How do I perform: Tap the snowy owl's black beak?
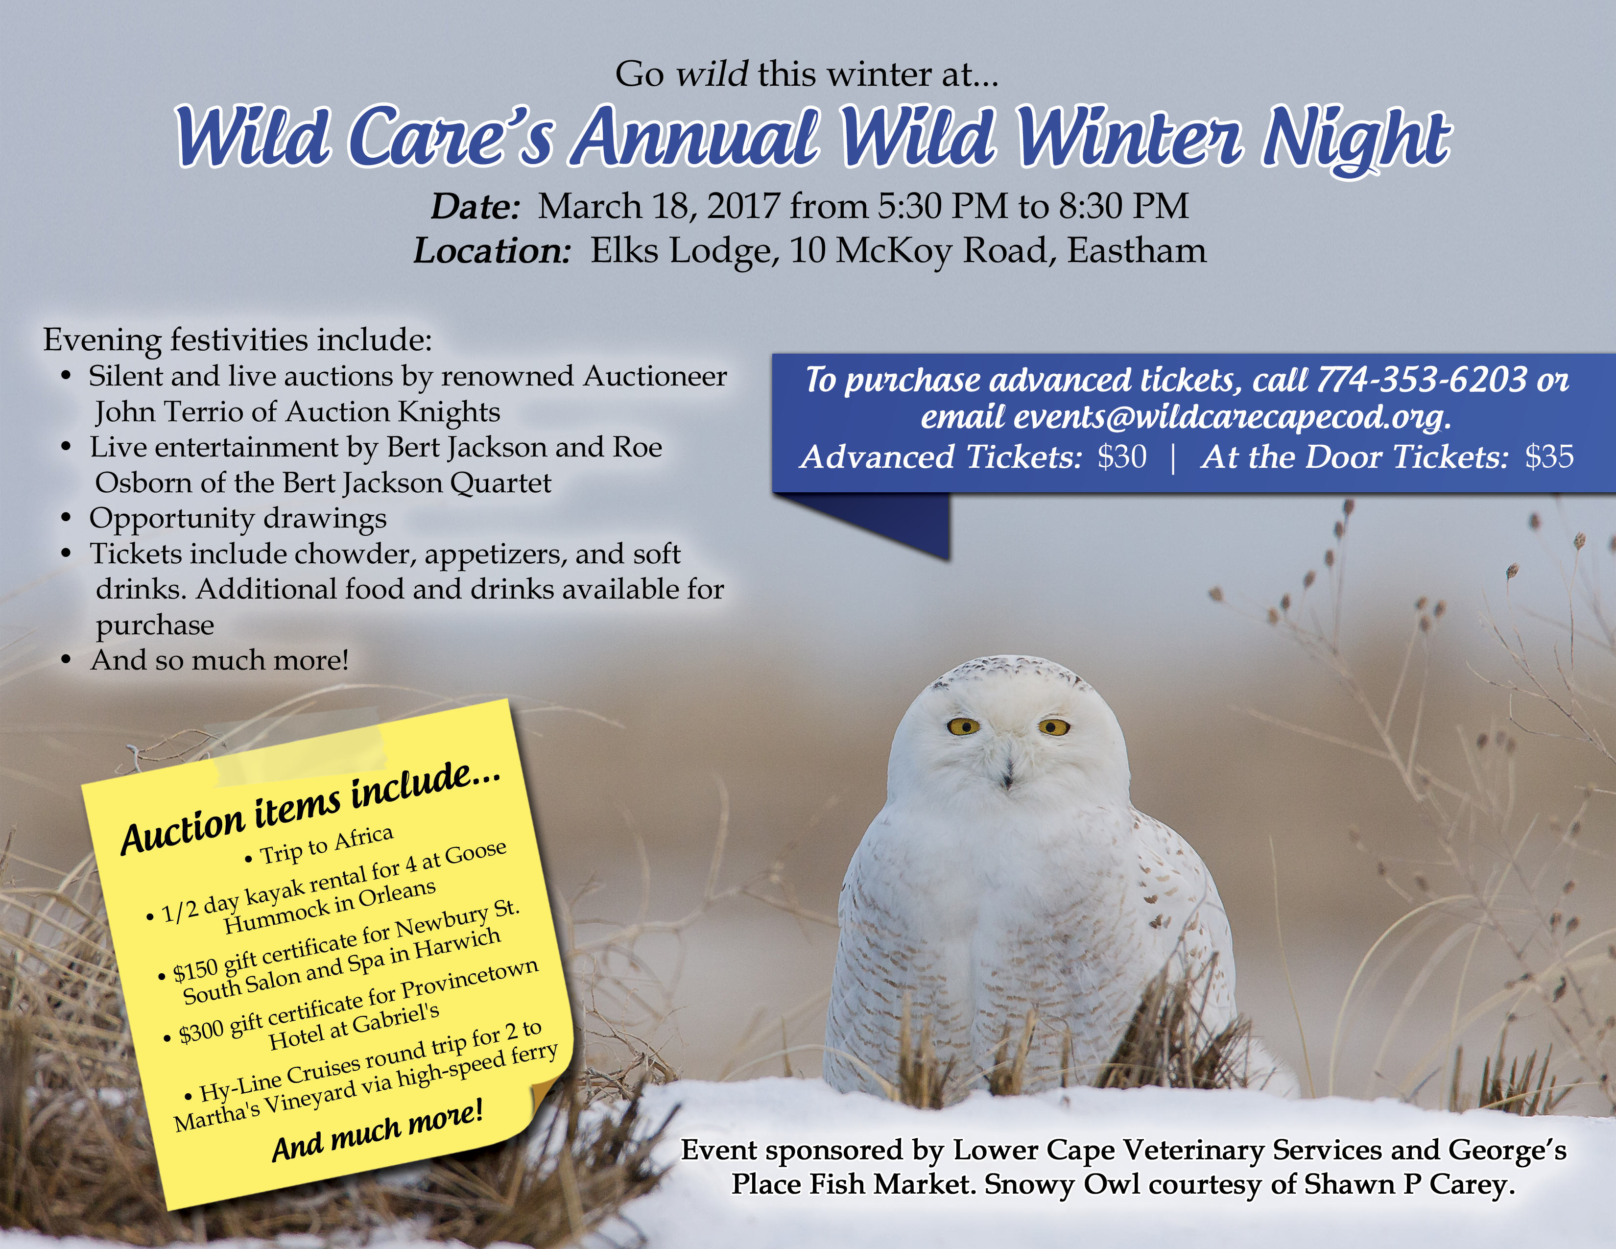click(1007, 776)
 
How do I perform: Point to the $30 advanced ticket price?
click(1122, 456)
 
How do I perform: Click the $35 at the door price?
click(1548, 456)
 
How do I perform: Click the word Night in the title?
click(1355, 138)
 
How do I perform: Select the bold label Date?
click(476, 206)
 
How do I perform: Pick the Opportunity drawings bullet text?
click(238, 518)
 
